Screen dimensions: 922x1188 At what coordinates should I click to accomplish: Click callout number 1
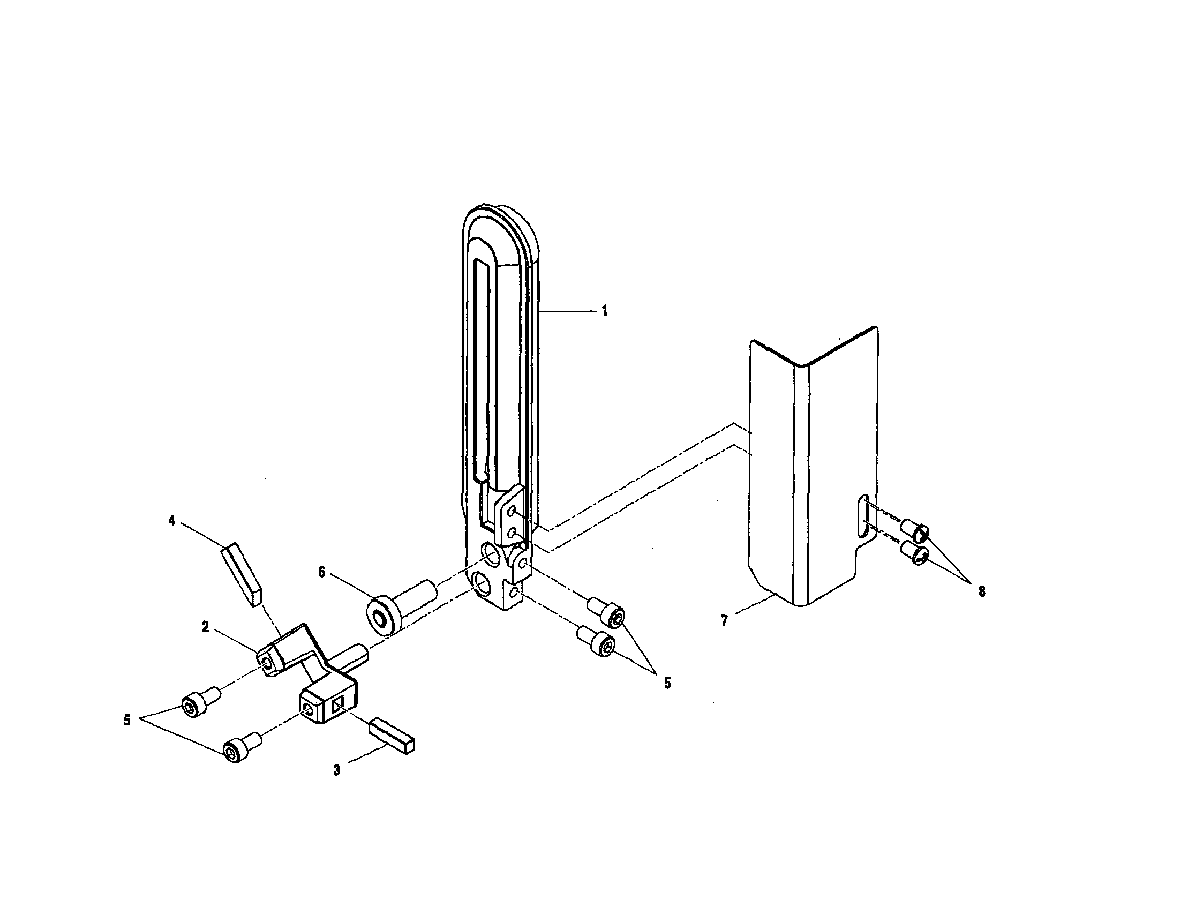[604, 311]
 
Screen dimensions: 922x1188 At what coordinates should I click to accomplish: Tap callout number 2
[205, 627]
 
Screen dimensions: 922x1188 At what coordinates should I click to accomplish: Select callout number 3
[337, 770]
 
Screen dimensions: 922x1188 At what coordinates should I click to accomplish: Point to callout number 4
[172, 521]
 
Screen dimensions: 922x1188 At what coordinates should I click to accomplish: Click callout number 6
[321, 572]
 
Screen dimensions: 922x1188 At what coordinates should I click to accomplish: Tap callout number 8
[981, 592]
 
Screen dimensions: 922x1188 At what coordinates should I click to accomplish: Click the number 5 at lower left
[127, 720]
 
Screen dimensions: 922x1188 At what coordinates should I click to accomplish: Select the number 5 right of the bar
[667, 683]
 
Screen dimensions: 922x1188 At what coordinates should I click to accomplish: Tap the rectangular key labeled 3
[392, 737]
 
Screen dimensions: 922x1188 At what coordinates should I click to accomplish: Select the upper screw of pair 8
[915, 530]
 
